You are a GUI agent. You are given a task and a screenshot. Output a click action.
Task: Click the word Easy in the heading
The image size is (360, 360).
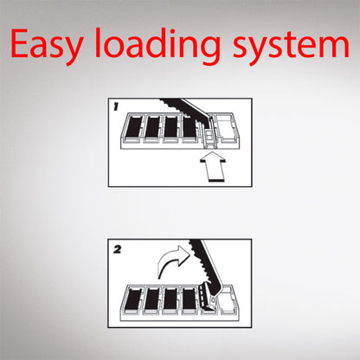[x=47, y=44]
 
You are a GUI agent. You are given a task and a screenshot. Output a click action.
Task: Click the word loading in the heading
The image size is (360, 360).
[x=157, y=45]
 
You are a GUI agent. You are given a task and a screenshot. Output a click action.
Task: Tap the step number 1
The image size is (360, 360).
[x=116, y=106]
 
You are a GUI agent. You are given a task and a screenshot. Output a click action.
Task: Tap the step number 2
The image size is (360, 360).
[x=117, y=249]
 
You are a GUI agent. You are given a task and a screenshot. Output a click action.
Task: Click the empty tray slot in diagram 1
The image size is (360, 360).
[x=228, y=128]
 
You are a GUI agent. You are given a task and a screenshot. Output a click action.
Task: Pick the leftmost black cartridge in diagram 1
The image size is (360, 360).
[x=133, y=127]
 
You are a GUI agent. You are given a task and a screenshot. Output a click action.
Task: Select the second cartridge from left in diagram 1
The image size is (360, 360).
[x=152, y=127]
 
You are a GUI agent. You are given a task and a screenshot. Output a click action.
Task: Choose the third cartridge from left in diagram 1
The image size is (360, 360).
[x=171, y=127]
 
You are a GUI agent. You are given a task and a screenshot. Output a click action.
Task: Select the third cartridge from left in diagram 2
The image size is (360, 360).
[x=171, y=299]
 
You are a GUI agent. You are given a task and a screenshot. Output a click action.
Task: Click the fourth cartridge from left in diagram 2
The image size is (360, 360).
[x=190, y=299]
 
